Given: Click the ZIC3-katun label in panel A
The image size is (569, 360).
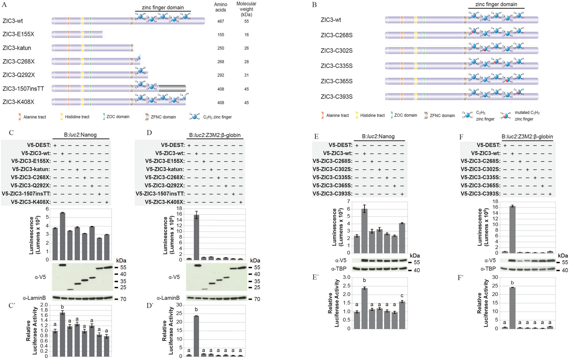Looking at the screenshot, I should (x=17, y=48).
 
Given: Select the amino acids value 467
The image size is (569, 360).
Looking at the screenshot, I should (x=221, y=21).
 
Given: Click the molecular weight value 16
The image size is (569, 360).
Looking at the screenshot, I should (x=246, y=35).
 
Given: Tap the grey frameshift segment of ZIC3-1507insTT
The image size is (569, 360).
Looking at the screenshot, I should (x=172, y=88).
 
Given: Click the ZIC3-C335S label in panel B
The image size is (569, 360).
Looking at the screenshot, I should (x=336, y=66).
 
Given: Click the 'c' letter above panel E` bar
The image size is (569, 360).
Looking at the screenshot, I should (x=402, y=296).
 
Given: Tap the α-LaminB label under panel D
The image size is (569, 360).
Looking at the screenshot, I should (x=168, y=298).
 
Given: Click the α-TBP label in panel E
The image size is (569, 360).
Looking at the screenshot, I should (x=339, y=269).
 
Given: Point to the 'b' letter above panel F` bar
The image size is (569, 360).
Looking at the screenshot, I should (x=512, y=283).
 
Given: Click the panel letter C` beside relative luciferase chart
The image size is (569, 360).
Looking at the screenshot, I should (x=12, y=306).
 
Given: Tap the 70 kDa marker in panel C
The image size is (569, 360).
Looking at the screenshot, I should (x=123, y=299).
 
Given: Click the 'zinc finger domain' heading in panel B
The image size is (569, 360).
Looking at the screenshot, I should (x=496, y=4).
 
